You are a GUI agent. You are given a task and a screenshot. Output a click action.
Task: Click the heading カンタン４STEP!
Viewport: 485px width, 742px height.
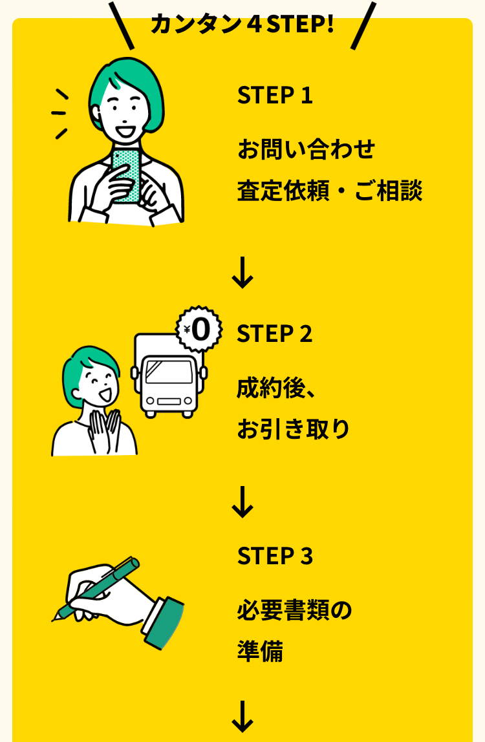pos(242,24)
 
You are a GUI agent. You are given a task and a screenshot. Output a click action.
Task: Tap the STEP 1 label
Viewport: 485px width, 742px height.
pos(275,95)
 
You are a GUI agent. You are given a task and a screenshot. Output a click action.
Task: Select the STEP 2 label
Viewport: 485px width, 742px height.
pos(275,334)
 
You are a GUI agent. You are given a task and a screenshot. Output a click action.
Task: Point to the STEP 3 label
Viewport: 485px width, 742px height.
pos(275,556)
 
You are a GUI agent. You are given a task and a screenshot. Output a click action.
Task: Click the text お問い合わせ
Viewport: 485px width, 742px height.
pos(306,149)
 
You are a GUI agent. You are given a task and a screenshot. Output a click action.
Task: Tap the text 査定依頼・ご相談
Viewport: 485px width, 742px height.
pos(330,191)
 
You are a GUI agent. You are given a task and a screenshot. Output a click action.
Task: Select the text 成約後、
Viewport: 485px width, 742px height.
pos(276,388)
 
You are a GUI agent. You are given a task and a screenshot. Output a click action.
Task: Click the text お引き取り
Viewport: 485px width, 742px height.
pos(293,429)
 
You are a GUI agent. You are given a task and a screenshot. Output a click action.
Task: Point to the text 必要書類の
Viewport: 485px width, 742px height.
pos(295,610)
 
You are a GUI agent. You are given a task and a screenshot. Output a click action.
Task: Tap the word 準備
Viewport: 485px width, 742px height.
pos(260,651)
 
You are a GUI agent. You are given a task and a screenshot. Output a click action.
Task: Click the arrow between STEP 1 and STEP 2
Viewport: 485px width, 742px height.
pos(242,273)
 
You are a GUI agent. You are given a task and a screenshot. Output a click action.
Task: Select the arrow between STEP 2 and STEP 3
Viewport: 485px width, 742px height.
pos(242,502)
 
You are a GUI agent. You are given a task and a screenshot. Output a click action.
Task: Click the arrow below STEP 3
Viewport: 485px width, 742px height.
pos(242,716)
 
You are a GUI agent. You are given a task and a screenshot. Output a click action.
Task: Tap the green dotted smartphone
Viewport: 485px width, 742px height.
pos(126,176)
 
